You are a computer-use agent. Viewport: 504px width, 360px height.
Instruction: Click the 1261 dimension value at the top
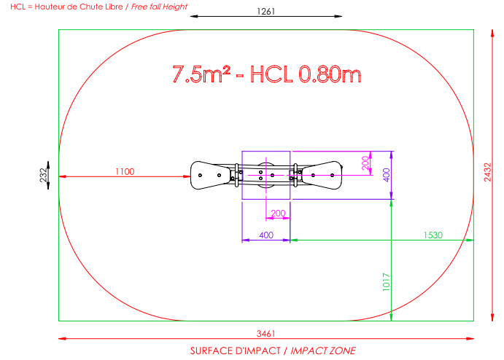tap(265, 12)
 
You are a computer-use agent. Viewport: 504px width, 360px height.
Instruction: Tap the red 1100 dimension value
tap(125, 171)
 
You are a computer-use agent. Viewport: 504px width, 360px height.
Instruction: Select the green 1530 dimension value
tap(433, 235)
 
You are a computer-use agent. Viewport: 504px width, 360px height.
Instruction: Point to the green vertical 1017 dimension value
tap(386, 282)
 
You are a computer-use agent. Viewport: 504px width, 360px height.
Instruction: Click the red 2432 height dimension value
tap(488, 172)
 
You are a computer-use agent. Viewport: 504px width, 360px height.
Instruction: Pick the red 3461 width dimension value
tap(265, 334)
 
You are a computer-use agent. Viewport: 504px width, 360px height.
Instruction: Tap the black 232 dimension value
tap(43, 175)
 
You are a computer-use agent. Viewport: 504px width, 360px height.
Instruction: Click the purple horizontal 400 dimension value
tap(266, 235)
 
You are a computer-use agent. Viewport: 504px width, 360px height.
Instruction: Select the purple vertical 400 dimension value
tap(387, 175)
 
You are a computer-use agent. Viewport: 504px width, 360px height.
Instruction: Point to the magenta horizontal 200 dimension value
tap(278, 214)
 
